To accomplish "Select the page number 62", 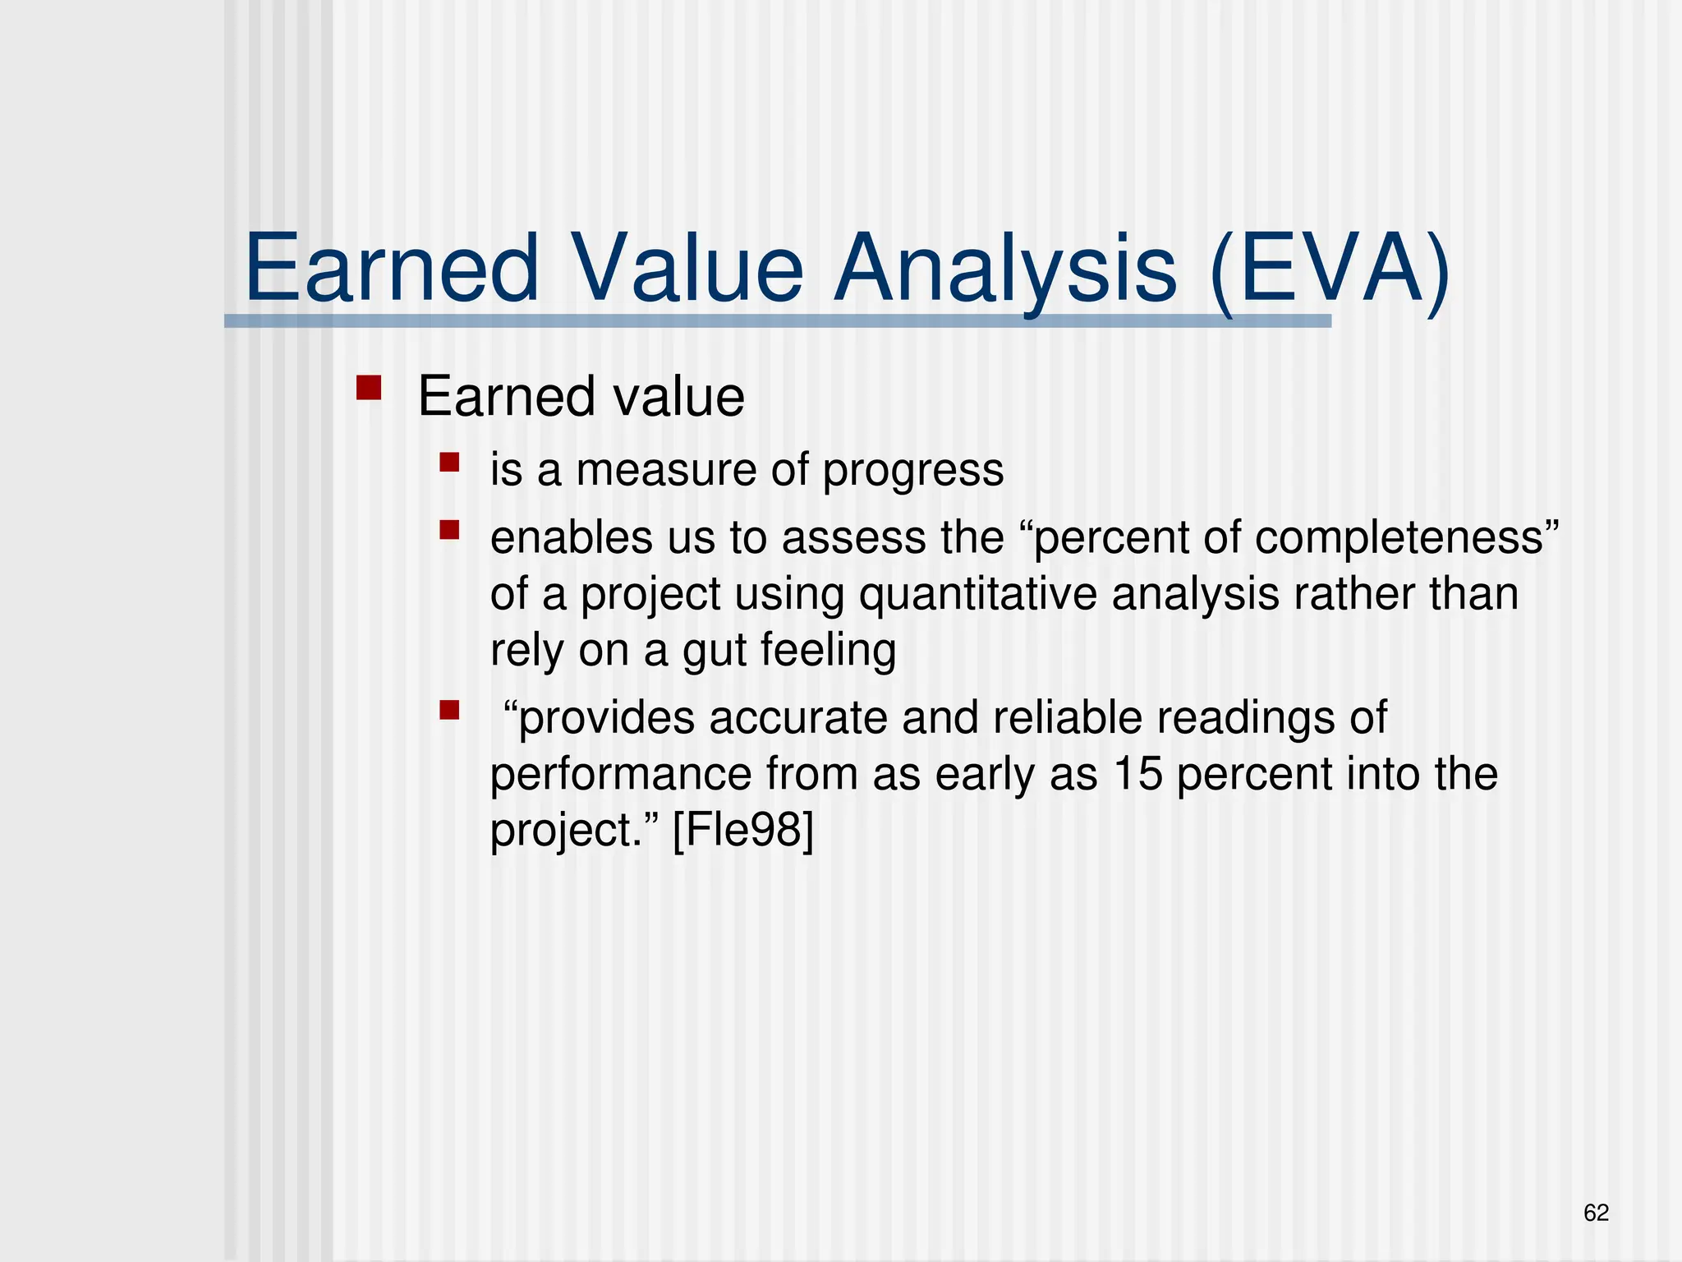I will pyautogui.click(x=1596, y=1213).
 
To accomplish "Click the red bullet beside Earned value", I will pyautogui.click(x=369, y=388).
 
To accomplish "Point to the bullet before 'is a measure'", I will pyautogui.click(x=449, y=462).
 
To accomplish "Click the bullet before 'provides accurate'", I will pyautogui.click(x=449, y=709).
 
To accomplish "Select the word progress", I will pyautogui.click(x=912, y=472).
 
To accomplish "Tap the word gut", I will pyautogui.click(x=714, y=651).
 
